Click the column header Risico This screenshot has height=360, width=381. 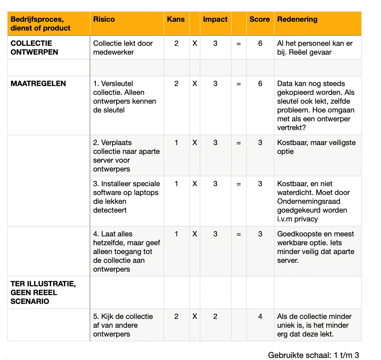point(104,19)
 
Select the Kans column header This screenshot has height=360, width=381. point(176,19)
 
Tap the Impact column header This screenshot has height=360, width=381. point(215,19)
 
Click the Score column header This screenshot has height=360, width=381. point(260,19)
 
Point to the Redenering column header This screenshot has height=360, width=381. point(297,19)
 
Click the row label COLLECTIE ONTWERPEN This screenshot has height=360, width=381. point(34,48)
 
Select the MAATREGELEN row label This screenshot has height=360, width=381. point(38,83)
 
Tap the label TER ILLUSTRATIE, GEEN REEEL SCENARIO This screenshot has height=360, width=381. point(43,292)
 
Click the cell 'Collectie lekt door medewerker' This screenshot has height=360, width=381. point(123,48)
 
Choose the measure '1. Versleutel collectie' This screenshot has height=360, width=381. point(125,97)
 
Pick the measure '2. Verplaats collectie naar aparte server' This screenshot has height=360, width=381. point(126,156)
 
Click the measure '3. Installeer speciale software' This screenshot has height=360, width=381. point(126,197)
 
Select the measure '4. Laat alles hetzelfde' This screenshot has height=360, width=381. point(126,251)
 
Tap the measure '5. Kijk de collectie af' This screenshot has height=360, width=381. point(123,325)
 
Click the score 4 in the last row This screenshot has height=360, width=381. point(260,317)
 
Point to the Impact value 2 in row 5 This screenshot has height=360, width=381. point(215,317)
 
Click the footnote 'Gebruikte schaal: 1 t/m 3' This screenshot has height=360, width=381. point(313,355)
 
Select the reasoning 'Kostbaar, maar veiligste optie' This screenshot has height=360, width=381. point(316,147)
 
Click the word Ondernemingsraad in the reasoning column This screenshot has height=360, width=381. point(308,201)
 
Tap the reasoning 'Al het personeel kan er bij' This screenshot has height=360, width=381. point(315,48)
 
